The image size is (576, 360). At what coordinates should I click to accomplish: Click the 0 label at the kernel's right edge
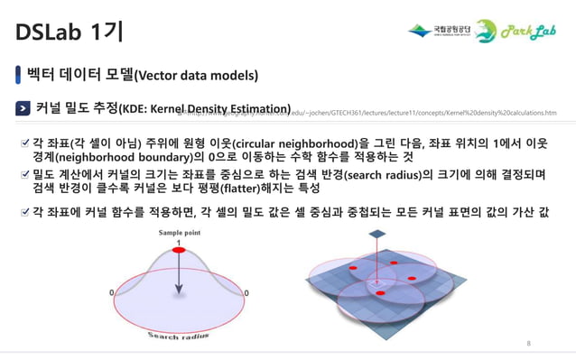246,293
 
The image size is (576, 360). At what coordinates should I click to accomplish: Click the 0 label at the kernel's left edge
112,293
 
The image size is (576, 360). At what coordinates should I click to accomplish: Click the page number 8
529,344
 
